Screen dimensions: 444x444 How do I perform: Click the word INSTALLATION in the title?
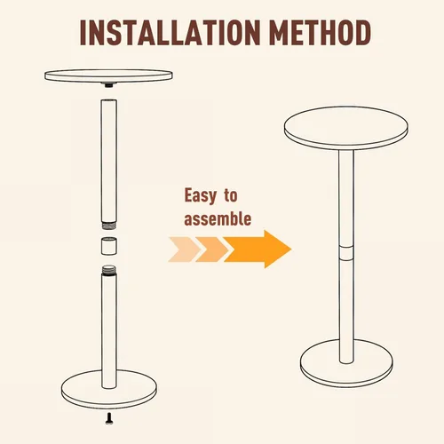(170, 33)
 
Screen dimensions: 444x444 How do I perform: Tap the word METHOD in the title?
(321, 33)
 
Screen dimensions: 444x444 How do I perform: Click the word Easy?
(201, 196)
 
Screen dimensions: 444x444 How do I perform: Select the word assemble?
(218, 219)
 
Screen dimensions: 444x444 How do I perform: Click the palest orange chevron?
(184, 250)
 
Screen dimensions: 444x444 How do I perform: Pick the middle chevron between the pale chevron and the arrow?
(211, 250)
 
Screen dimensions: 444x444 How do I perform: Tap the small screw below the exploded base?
(109, 418)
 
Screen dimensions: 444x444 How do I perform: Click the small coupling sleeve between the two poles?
(109, 246)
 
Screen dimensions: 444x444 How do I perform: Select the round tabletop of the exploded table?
(108, 75)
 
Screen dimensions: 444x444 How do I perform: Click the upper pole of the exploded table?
(108, 162)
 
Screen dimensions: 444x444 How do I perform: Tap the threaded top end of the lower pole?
(109, 270)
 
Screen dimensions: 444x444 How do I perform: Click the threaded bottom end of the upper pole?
(109, 226)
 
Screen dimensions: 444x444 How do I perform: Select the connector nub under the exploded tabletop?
(109, 85)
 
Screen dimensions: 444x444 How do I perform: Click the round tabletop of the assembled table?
(346, 128)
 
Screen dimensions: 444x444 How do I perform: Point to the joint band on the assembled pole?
(346, 252)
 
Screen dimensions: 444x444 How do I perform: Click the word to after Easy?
(231, 195)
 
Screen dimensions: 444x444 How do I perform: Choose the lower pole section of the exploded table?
(109, 327)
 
